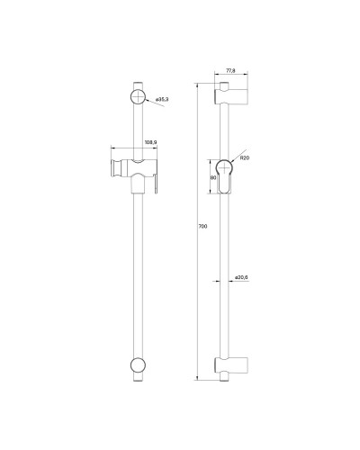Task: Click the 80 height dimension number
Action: coord(212,177)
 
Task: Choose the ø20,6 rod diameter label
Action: coord(241,278)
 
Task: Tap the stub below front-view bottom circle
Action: coord(139,381)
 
